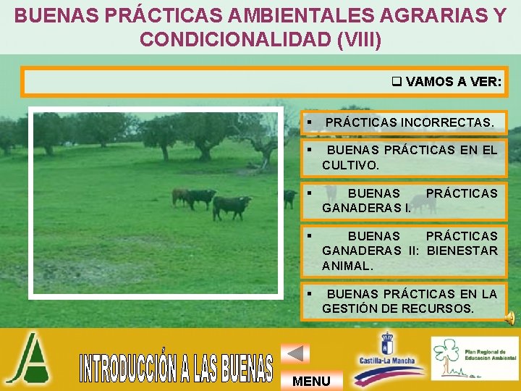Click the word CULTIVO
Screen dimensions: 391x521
pos(350,165)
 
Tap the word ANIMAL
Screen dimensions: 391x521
pos(347,266)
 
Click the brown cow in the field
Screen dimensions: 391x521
pos(179,196)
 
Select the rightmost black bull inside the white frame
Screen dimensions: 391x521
pos(232,206)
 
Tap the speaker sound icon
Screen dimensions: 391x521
pos(510,316)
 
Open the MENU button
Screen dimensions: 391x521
pos(312,381)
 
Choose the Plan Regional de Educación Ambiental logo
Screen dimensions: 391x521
pos(474,358)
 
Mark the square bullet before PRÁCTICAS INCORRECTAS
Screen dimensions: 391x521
pos(309,123)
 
